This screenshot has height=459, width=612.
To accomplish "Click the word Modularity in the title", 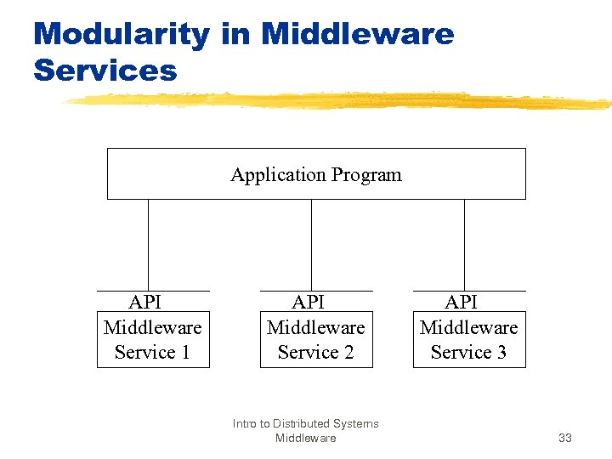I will [121, 35].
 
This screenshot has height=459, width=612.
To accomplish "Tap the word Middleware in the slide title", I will [358, 35].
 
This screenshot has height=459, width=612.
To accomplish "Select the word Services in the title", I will [105, 70].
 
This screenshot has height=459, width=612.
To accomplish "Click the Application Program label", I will [315, 175].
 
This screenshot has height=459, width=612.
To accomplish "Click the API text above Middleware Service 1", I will [144, 303].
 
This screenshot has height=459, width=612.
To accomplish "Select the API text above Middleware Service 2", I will [308, 303].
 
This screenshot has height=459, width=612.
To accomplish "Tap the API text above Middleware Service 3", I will [461, 303].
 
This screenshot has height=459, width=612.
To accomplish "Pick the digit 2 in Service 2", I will [348, 352].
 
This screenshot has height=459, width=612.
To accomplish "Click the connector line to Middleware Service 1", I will [148, 245].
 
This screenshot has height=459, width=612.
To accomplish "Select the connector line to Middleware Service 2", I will [311, 245].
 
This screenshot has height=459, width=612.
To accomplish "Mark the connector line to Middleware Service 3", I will [464, 245].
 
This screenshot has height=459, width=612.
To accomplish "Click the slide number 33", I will [564, 438].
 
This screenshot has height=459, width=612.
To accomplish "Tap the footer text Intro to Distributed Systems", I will [305, 423].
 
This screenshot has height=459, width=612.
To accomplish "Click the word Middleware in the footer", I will [305, 438].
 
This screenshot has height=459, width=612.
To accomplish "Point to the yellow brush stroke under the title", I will [340, 101].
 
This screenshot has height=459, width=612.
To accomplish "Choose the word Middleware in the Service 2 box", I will [315, 327].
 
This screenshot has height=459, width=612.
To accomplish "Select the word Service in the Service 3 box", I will [460, 352].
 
